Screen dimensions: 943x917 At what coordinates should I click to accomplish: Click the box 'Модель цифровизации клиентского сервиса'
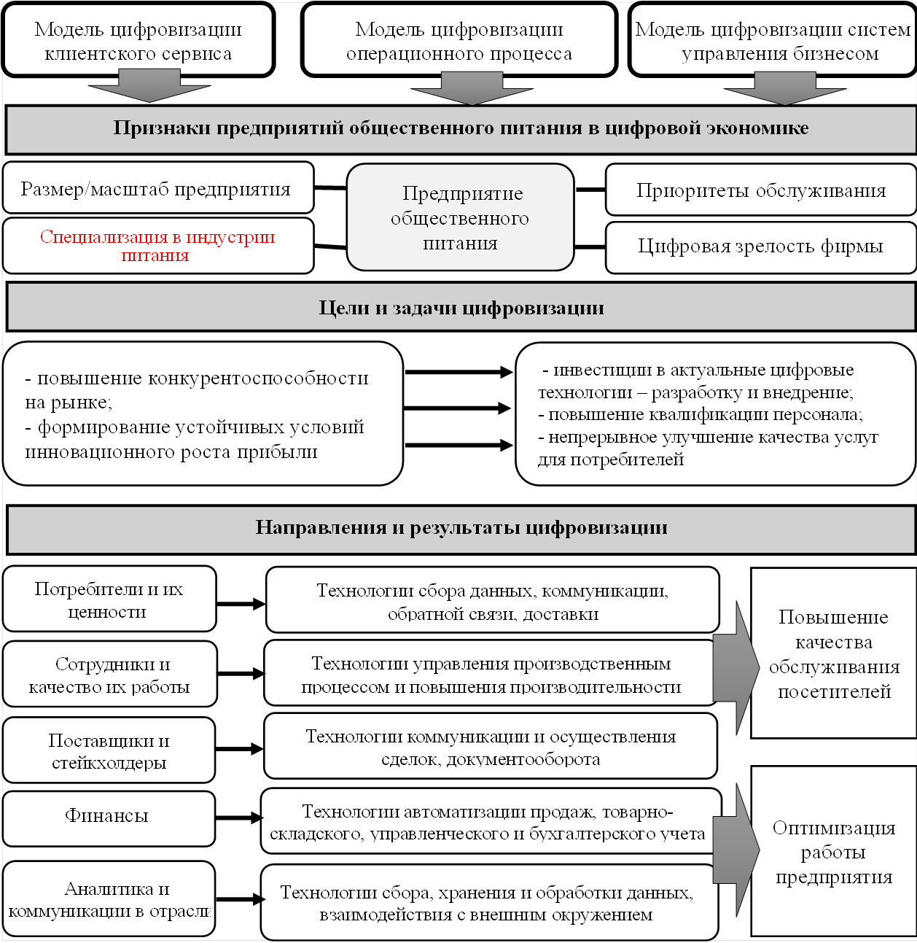(x=138, y=40)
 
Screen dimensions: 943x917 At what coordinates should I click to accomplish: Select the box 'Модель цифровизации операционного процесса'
(x=459, y=40)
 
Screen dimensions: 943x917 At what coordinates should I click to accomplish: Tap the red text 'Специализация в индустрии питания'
(x=157, y=246)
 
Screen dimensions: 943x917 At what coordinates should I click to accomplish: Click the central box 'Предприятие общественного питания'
(x=461, y=217)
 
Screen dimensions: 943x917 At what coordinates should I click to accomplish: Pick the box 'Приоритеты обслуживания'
(x=760, y=190)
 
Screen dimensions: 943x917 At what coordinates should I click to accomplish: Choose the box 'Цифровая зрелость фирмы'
(x=760, y=247)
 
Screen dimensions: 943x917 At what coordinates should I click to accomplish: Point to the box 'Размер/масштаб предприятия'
(x=157, y=189)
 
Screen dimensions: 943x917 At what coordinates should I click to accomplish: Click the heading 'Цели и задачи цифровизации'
(x=461, y=308)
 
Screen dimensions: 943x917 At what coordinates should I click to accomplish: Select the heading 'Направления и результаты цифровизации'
(x=461, y=528)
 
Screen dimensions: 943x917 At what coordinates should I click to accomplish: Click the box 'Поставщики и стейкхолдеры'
(x=109, y=750)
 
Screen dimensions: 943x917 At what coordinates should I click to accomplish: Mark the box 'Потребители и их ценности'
(x=109, y=599)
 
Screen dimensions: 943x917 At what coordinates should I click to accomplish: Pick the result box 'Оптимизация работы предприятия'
(x=833, y=851)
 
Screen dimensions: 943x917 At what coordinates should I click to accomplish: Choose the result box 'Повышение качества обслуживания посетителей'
(x=833, y=653)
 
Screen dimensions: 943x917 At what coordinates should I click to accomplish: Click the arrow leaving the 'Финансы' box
(x=238, y=818)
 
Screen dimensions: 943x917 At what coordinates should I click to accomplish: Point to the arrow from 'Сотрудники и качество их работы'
(x=241, y=674)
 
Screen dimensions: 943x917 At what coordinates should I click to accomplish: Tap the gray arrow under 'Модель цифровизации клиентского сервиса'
(x=149, y=86)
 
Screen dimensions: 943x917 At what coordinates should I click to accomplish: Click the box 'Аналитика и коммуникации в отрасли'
(x=109, y=899)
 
